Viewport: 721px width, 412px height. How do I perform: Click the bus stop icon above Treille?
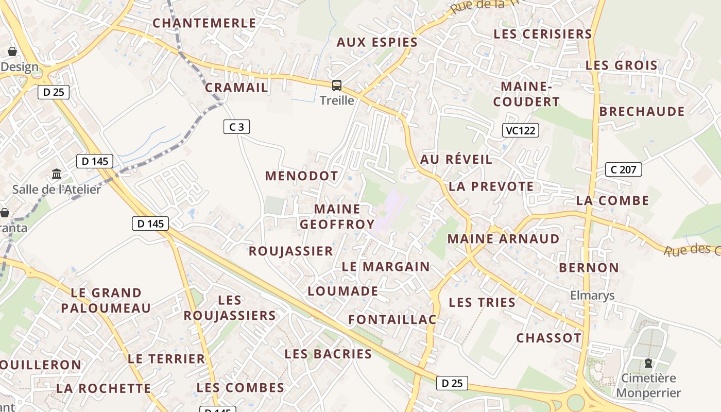click(x=336, y=85)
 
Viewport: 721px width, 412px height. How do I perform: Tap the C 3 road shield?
click(x=237, y=127)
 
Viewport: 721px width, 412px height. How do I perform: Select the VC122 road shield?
click(x=520, y=130)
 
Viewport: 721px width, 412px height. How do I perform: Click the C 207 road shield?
click(x=623, y=169)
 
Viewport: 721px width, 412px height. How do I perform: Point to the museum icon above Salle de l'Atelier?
click(x=57, y=174)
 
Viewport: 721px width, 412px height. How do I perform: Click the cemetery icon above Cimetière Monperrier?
click(x=648, y=363)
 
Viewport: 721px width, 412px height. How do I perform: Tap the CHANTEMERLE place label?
click(x=204, y=23)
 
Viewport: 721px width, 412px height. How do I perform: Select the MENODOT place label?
click(x=302, y=176)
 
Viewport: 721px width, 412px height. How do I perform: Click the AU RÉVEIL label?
click(x=456, y=159)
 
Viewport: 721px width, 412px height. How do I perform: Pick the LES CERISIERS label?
click(x=543, y=34)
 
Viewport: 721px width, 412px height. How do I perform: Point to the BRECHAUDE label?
click(x=642, y=112)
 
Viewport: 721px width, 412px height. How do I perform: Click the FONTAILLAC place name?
click(x=392, y=320)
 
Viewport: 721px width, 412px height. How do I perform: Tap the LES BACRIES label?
click(x=328, y=354)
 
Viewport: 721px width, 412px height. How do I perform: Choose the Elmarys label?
click(x=592, y=295)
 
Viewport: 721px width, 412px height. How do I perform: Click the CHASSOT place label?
click(x=549, y=338)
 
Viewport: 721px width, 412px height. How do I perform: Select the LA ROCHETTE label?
click(x=104, y=388)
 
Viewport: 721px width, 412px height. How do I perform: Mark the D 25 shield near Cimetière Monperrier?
click(x=452, y=383)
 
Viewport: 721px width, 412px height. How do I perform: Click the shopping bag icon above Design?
click(x=12, y=51)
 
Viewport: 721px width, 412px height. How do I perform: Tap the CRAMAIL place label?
click(x=237, y=88)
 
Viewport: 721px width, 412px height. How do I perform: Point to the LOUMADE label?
click(x=343, y=291)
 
